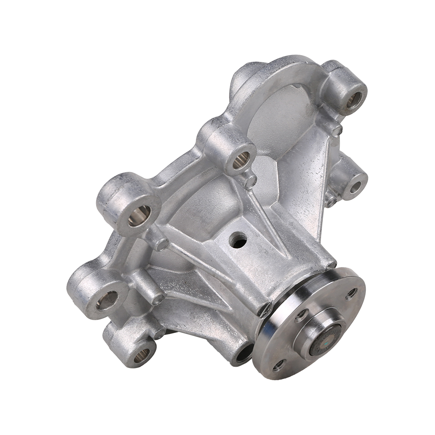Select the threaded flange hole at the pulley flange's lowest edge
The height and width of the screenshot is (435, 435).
278,365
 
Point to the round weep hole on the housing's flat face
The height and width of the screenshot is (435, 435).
238,240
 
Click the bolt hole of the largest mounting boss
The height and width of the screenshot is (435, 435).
139,215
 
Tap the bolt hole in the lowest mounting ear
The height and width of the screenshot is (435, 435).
142,355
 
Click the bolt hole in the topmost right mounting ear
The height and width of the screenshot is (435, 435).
354,100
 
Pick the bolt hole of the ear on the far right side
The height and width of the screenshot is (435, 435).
355,187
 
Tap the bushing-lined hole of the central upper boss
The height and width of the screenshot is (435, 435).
241,160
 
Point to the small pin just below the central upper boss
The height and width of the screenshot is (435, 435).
250,182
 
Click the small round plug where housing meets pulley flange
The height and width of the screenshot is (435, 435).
264,310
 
